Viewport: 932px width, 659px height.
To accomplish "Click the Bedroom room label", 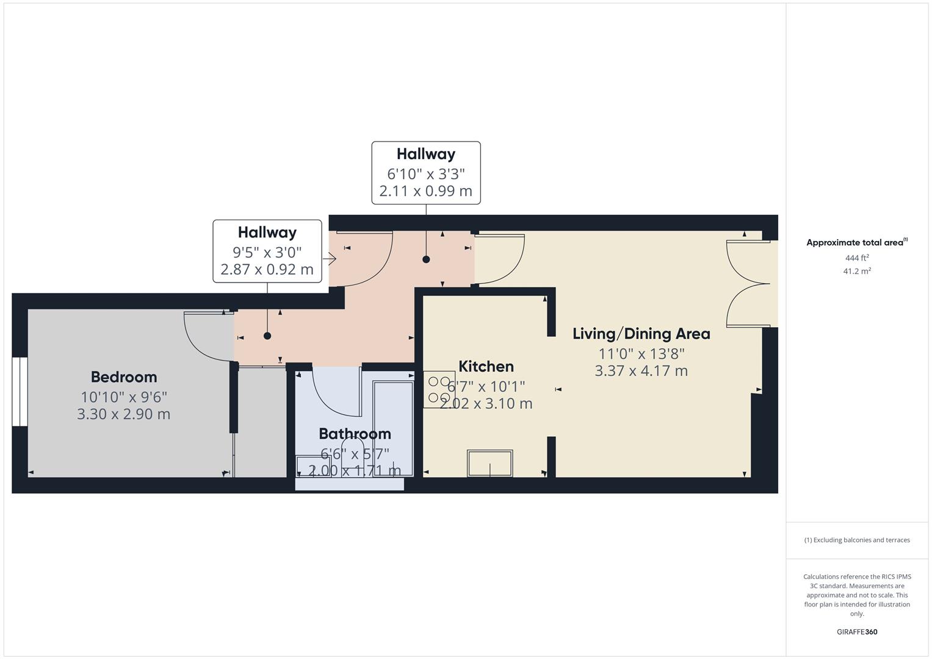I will click(124, 377).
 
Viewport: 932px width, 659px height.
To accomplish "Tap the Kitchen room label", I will click(486, 366).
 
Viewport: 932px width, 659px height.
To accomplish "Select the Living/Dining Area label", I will click(641, 334).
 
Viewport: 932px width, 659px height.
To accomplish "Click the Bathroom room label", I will click(355, 434).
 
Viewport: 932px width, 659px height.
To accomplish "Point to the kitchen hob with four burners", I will click(439, 390).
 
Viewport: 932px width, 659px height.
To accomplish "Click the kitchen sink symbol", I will click(489, 463).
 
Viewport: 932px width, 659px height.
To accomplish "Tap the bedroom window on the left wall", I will click(20, 391).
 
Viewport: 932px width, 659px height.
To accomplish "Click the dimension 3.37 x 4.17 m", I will click(641, 371).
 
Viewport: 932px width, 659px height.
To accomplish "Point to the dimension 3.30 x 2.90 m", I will click(124, 414).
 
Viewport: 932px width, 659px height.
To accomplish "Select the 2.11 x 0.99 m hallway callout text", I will click(425, 191).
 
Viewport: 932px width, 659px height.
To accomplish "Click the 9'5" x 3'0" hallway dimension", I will click(267, 251).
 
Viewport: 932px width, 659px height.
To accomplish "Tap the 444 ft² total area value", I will click(857, 258).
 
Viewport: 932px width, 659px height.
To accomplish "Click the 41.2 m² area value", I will click(857, 272).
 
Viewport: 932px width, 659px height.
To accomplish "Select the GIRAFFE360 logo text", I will click(857, 632).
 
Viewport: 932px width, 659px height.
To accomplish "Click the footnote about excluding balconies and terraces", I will click(857, 540).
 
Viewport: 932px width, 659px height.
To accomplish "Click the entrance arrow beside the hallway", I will click(330, 259).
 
